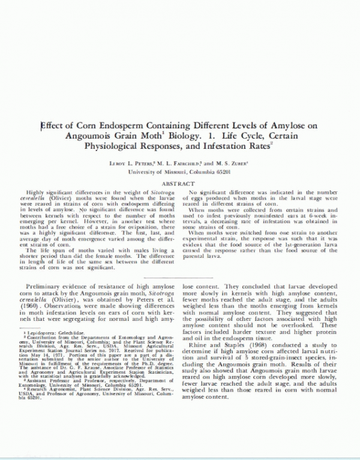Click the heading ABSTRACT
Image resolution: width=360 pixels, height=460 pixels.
point(179,183)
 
